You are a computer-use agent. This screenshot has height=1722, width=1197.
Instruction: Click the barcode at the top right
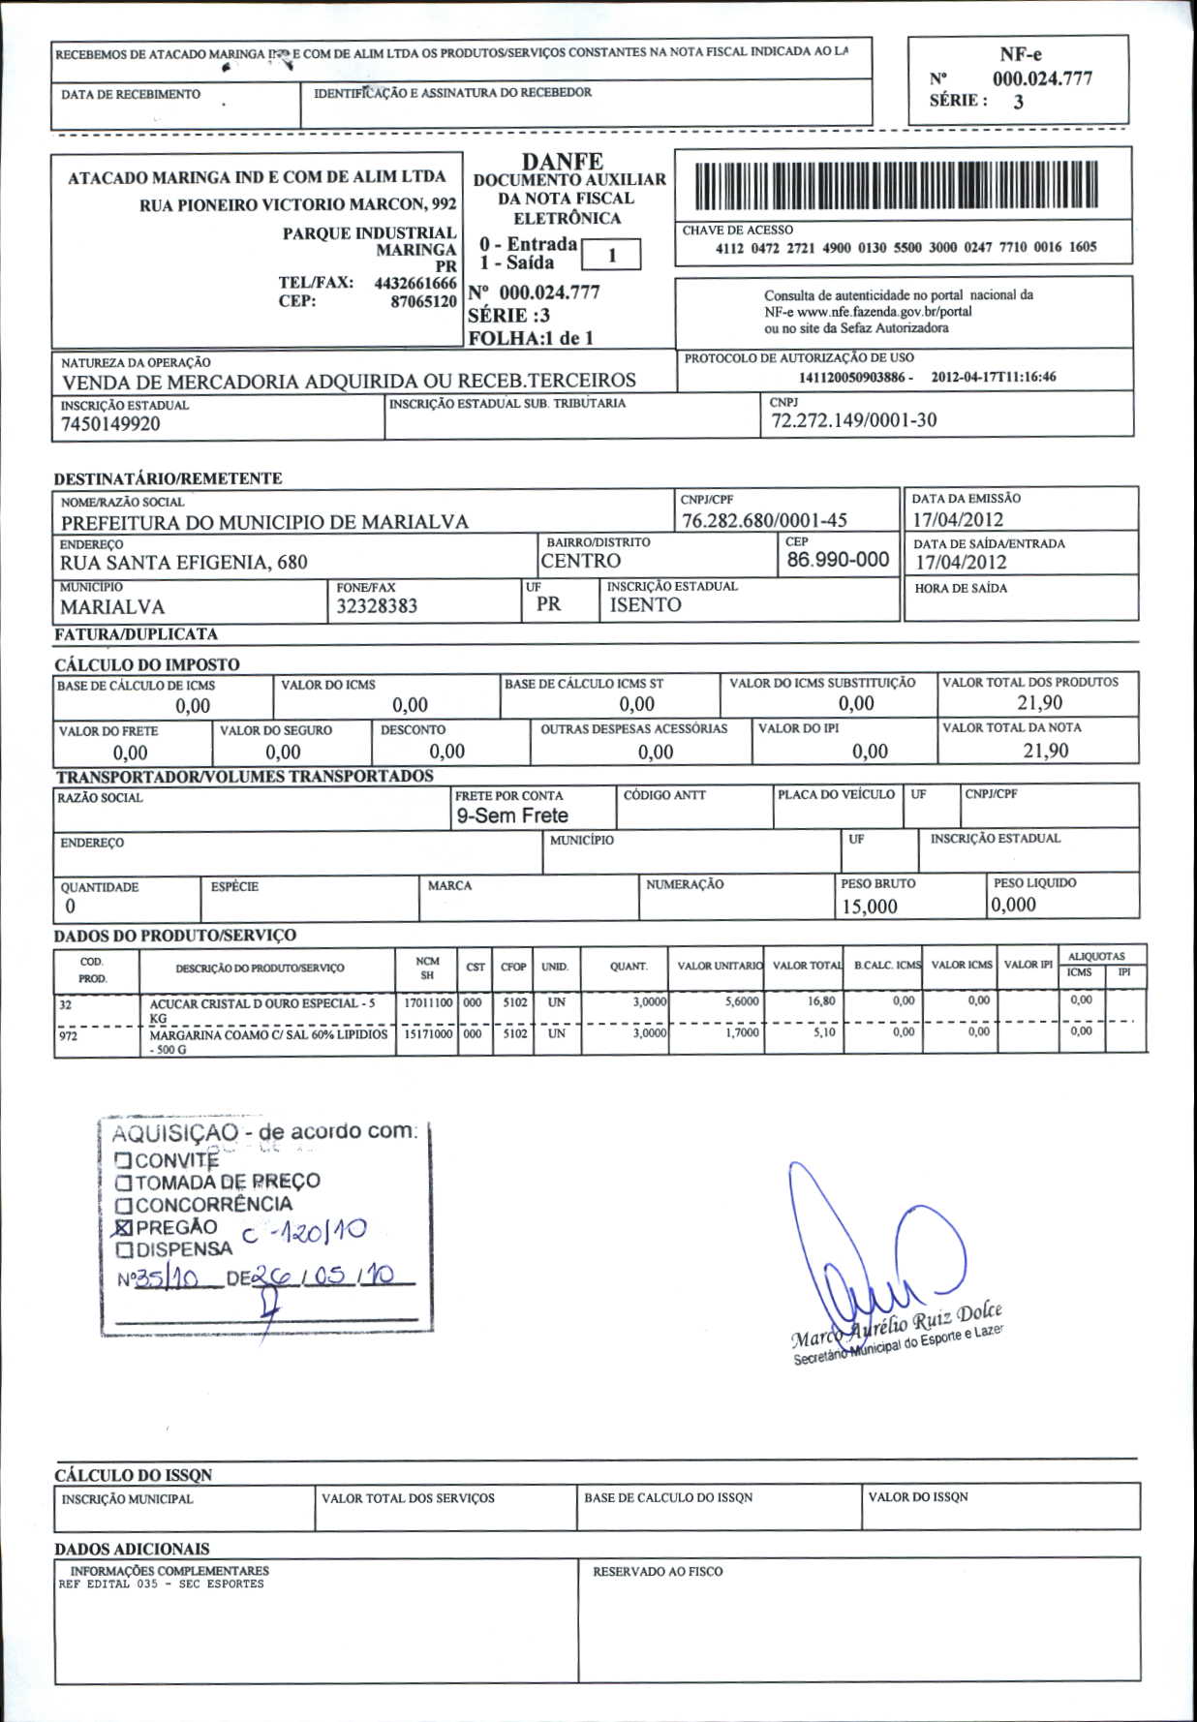pyautogui.click(x=897, y=185)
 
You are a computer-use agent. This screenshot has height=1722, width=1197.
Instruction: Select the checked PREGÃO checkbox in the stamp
pyautogui.click(x=123, y=1227)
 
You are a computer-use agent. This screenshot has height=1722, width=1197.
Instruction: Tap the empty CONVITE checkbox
pyautogui.click(x=123, y=1159)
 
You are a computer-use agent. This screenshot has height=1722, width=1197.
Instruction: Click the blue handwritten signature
pyautogui.click(x=872, y=1259)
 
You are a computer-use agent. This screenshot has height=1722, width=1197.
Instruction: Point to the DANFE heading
pyautogui.click(x=562, y=162)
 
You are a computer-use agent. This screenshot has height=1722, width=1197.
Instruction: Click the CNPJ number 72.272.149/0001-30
pyautogui.click(x=853, y=420)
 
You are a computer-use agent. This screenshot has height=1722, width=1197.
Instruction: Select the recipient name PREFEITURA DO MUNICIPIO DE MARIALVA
pyautogui.click(x=264, y=522)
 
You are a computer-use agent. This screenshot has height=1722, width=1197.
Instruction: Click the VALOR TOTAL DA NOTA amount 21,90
pyautogui.click(x=1046, y=751)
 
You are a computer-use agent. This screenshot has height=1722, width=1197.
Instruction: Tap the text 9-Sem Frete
pyautogui.click(x=512, y=815)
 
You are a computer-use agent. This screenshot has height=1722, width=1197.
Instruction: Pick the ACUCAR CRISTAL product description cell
pyautogui.click(x=261, y=1009)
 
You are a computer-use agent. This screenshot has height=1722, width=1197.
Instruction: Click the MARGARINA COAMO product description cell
pyautogui.click(x=267, y=1040)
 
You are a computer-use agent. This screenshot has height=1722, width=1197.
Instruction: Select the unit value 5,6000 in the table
pyautogui.click(x=742, y=1001)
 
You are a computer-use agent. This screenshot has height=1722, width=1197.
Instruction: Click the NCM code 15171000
pyautogui.click(x=427, y=1033)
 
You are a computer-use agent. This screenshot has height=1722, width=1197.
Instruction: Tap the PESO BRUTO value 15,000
pyautogui.click(x=869, y=907)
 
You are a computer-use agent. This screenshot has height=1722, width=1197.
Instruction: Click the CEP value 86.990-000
pyautogui.click(x=838, y=560)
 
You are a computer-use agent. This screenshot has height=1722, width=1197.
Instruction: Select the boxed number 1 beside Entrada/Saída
pyautogui.click(x=611, y=255)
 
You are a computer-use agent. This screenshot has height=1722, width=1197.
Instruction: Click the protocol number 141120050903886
pyautogui.click(x=852, y=377)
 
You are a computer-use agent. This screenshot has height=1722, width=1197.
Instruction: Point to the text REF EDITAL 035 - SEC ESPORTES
pyautogui.click(x=161, y=1584)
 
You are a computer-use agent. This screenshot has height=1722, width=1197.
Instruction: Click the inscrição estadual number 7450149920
pyautogui.click(x=110, y=424)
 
